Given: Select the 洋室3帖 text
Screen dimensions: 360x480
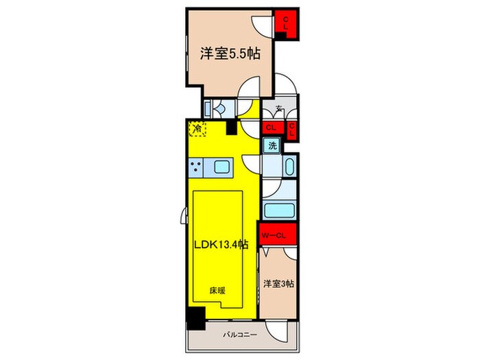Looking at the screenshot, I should point(279,283).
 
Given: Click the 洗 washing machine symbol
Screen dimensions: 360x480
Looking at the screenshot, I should point(272,145).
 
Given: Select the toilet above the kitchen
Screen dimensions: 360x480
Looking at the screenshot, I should point(219,108).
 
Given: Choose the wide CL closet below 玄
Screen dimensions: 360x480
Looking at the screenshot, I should point(271,128).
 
